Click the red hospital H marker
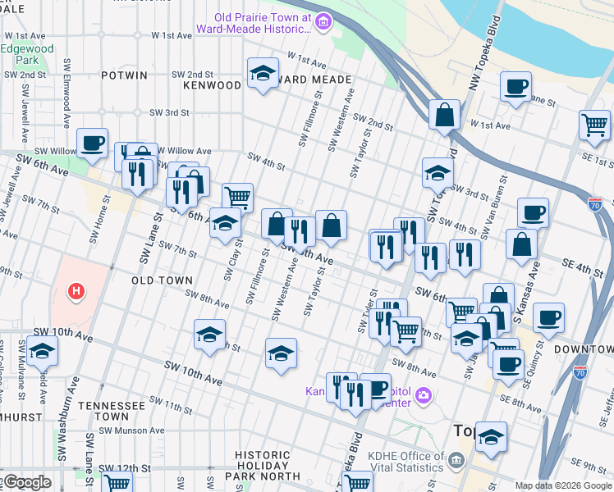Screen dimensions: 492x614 click(x=76, y=291)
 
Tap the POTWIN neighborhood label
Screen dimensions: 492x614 click(x=124, y=75)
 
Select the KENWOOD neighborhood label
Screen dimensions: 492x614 click(x=212, y=84)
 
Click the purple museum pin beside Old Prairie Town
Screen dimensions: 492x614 click(x=323, y=22)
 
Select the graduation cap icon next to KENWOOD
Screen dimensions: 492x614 click(x=262, y=74)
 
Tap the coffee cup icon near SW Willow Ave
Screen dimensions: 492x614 click(x=93, y=143)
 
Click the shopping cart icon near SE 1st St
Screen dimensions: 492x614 click(x=594, y=125)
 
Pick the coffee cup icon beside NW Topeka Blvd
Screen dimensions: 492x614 click(x=515, y=86)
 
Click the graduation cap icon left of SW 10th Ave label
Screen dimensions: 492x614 click(x=41, y=352)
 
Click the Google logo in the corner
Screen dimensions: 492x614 click(x=26, y=482)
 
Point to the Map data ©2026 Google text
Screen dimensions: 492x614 click(x=563, y=485)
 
